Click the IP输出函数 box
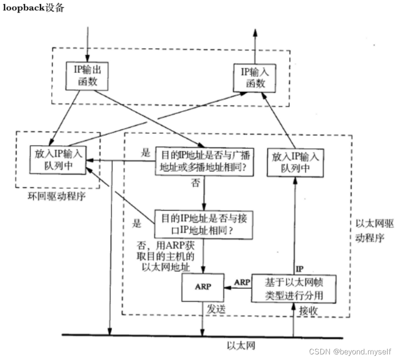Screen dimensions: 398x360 point(87,76)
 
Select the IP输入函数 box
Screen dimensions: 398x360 point(255,78)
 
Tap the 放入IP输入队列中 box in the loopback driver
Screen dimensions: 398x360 point(58,160)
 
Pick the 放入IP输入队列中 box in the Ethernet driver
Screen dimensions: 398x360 point(295,163)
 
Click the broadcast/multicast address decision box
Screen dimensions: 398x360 point(204,161)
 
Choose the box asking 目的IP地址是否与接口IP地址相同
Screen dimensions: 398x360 point(204,225)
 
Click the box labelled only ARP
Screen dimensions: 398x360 point(203,287)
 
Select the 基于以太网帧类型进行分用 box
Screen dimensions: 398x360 point(294,289)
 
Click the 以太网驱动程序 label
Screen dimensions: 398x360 point(374,231)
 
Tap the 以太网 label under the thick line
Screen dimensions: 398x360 point(241,345)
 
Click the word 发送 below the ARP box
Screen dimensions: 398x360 point(216,309)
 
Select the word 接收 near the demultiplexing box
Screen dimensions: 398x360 point(308,310)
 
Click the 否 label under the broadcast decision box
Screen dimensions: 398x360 point(196,183)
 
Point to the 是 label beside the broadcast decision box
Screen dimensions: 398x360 point(146,153)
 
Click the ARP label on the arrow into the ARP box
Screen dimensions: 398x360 point(242,282)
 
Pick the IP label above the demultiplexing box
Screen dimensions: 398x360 point(300,269)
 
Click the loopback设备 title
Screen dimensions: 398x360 point(33,8)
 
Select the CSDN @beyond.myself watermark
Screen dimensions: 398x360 point(350,352)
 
